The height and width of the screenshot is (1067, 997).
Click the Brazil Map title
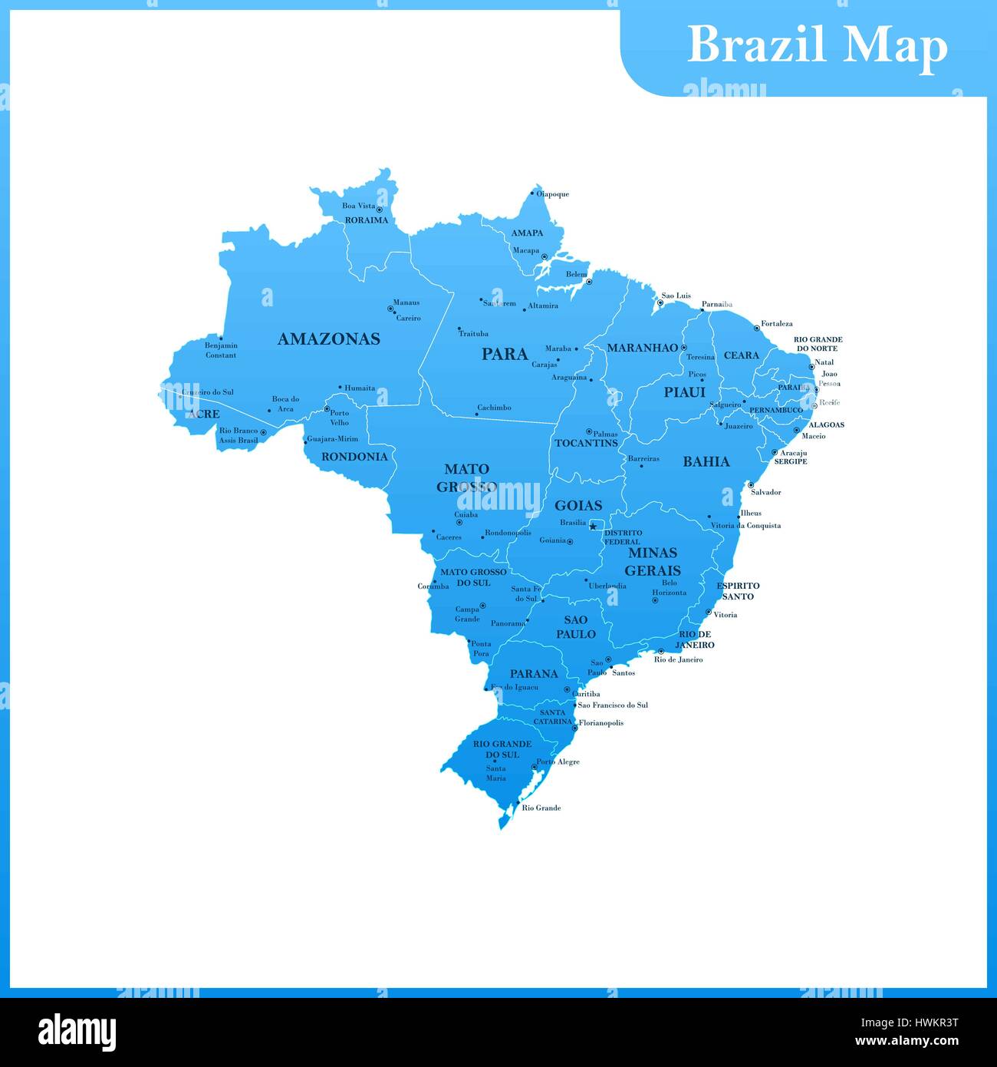(817, 45)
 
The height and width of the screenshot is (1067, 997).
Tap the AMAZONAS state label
(328, 339)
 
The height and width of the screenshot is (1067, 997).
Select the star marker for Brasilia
(593, 526)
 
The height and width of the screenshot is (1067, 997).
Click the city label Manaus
(406, 302)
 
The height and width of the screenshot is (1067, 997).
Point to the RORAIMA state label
(366, 220)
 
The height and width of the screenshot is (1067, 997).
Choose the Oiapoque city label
(552, 194)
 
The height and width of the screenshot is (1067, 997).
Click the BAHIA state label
(706, 461)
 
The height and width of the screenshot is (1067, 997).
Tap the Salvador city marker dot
(751, 484)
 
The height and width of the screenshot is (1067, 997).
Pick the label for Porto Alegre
(558, 762)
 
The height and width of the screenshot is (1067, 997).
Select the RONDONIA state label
(354, 457)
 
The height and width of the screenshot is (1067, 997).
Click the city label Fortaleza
(777, 324)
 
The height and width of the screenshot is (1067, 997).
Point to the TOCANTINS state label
(586, 443)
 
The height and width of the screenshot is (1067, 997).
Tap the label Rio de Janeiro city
(678, 659)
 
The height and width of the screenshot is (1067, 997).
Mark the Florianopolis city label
(601, 723)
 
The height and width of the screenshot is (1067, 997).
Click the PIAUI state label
(684, 392)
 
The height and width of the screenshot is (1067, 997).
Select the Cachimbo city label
(494, 408)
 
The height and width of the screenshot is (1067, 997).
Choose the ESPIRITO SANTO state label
(738, 591)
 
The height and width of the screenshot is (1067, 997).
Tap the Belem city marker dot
(589, 282)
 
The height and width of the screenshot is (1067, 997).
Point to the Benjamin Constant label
(221, 350)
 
